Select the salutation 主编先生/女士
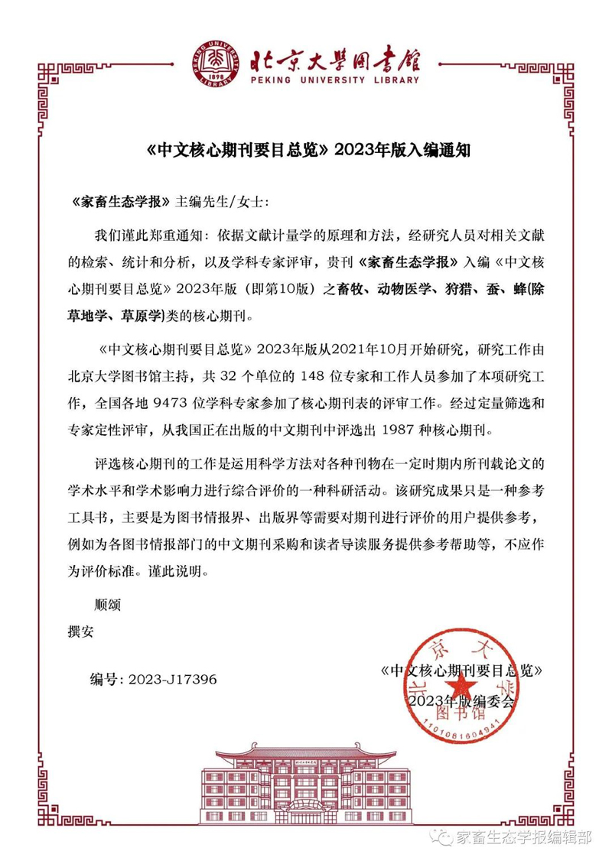point(222,201)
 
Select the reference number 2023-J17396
point(173,678)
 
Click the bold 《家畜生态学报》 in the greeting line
point(120,201)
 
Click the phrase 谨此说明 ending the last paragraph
point(174,570)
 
